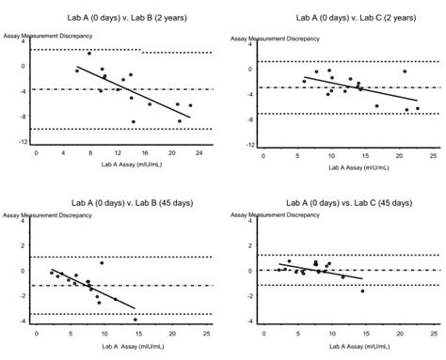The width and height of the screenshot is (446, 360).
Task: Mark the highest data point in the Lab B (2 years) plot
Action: point(89,54)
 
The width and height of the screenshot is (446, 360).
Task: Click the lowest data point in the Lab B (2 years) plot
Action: point(134,122)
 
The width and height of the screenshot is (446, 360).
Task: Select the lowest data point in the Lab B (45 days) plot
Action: point(135,320)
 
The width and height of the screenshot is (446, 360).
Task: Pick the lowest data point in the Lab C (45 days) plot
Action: point(362,291)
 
